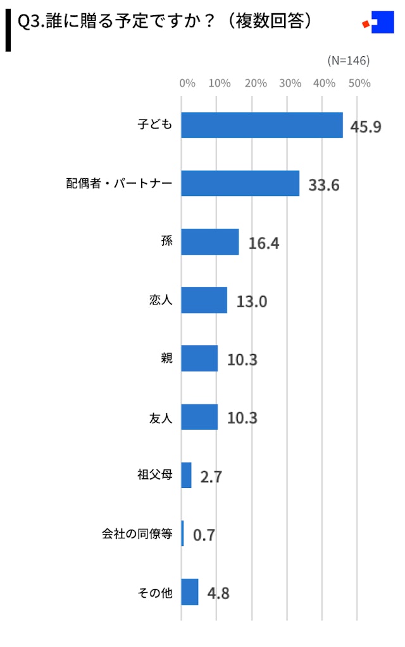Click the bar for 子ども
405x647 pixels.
point(262,125)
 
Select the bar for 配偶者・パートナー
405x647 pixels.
point(240,183)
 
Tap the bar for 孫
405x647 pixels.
point(210,242)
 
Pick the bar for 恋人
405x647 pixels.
point(204,300)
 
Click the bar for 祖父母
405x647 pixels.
point(186,475)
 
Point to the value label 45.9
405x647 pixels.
point(366,127)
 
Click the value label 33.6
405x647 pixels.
point(324,185)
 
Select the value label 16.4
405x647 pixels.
point(264,243)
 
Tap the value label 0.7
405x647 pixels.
point(204,535)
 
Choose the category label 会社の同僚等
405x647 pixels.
point(137,534)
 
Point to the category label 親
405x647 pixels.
point(166,359)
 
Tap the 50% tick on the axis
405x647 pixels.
point(359,83)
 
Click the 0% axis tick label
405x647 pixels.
point(187,83)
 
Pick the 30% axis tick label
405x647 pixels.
point(290,83)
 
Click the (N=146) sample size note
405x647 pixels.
point(348,61)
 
